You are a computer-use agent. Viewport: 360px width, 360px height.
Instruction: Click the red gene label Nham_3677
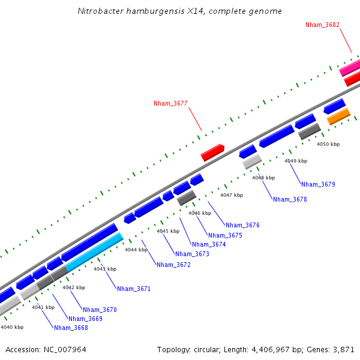tap(170, 103)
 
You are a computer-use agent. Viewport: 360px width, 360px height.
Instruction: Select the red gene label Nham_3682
tap(322, 25)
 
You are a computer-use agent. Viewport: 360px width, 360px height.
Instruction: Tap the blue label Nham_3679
tap(318, 184)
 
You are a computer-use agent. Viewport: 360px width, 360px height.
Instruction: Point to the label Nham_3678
tap(290, 199)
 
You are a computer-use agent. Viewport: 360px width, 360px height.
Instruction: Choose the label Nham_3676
tap(242, 225)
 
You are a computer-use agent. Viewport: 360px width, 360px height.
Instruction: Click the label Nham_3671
tap(134, 289)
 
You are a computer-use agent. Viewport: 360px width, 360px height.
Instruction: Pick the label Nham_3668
tap(71, 328)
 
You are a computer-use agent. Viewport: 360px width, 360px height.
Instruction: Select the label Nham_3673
tap(193, 254)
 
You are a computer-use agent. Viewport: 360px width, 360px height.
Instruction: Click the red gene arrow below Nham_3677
tap(212, 152)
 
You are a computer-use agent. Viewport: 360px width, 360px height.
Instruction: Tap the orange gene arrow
tap(338, 116)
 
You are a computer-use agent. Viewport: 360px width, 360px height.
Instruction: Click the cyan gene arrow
tap(94, 252)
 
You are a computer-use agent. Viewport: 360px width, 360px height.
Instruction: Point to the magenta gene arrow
tap(350, 68)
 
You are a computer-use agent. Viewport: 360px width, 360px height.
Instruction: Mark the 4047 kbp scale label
tap(232, 195)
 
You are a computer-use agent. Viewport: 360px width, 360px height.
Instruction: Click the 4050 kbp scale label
tap(328, 144)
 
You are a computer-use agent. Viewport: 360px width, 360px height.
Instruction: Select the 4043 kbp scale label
tap(104, 269)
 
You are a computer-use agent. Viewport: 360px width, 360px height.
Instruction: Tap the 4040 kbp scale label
tap(12, 327)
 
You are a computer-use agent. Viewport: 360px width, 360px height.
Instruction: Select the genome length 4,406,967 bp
tap(268, 349)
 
